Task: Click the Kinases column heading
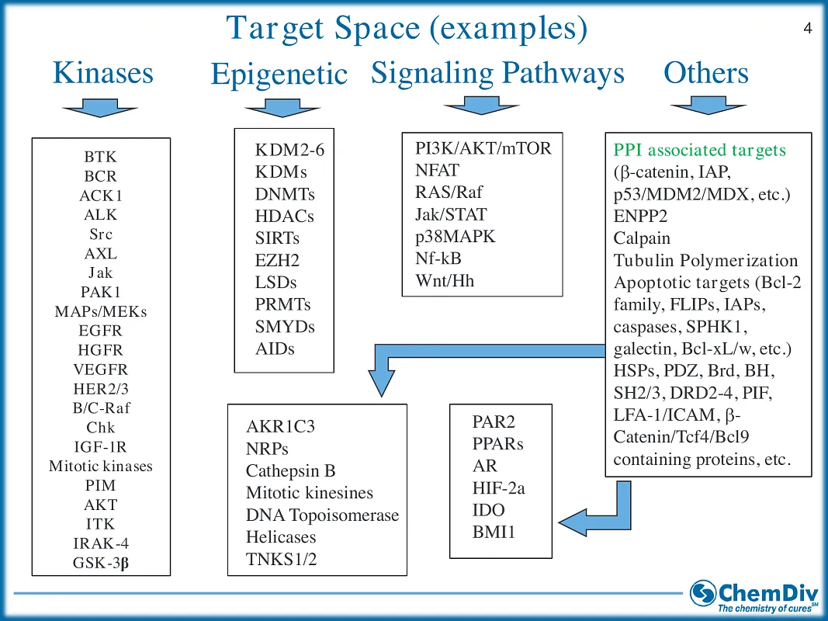102,73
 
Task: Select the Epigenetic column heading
279,75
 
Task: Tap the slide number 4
807,29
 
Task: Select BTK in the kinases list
100,157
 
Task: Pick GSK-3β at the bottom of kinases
100,562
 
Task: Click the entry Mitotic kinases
100,466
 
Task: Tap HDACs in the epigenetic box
284,217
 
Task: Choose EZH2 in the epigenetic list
277,261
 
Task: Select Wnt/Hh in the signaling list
445,280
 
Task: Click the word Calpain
642,238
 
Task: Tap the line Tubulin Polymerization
705,261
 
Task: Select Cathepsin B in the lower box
290,470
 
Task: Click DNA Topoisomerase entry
322,515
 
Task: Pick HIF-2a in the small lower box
499,488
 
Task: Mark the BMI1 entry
494,532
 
